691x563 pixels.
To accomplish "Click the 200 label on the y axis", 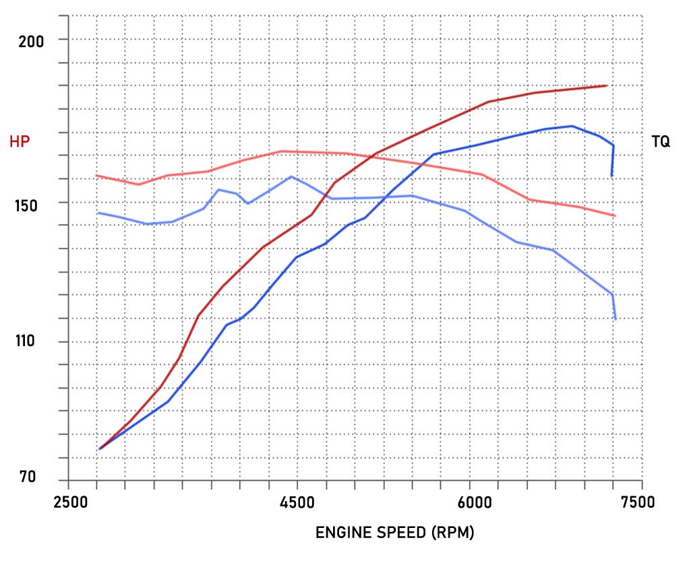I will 30,40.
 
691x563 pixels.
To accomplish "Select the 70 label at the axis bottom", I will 28,477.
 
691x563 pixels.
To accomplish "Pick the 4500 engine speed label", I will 297,503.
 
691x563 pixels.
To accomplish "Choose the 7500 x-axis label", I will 637,503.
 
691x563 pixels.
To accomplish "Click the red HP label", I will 19,141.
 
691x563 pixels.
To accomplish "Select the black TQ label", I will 661,141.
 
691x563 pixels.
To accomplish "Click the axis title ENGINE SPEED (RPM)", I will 395,533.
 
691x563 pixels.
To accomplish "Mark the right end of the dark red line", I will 607,86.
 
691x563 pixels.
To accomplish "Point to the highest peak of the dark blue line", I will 572,126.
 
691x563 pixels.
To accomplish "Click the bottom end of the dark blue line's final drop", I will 611,176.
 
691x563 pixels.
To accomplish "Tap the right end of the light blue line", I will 615,319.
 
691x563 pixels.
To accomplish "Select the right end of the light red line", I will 615,216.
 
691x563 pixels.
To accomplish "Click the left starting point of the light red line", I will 97,176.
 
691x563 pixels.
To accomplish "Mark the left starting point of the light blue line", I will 98,213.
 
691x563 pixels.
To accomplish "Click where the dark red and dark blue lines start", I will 99,449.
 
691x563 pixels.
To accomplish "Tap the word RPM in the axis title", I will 454,533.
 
